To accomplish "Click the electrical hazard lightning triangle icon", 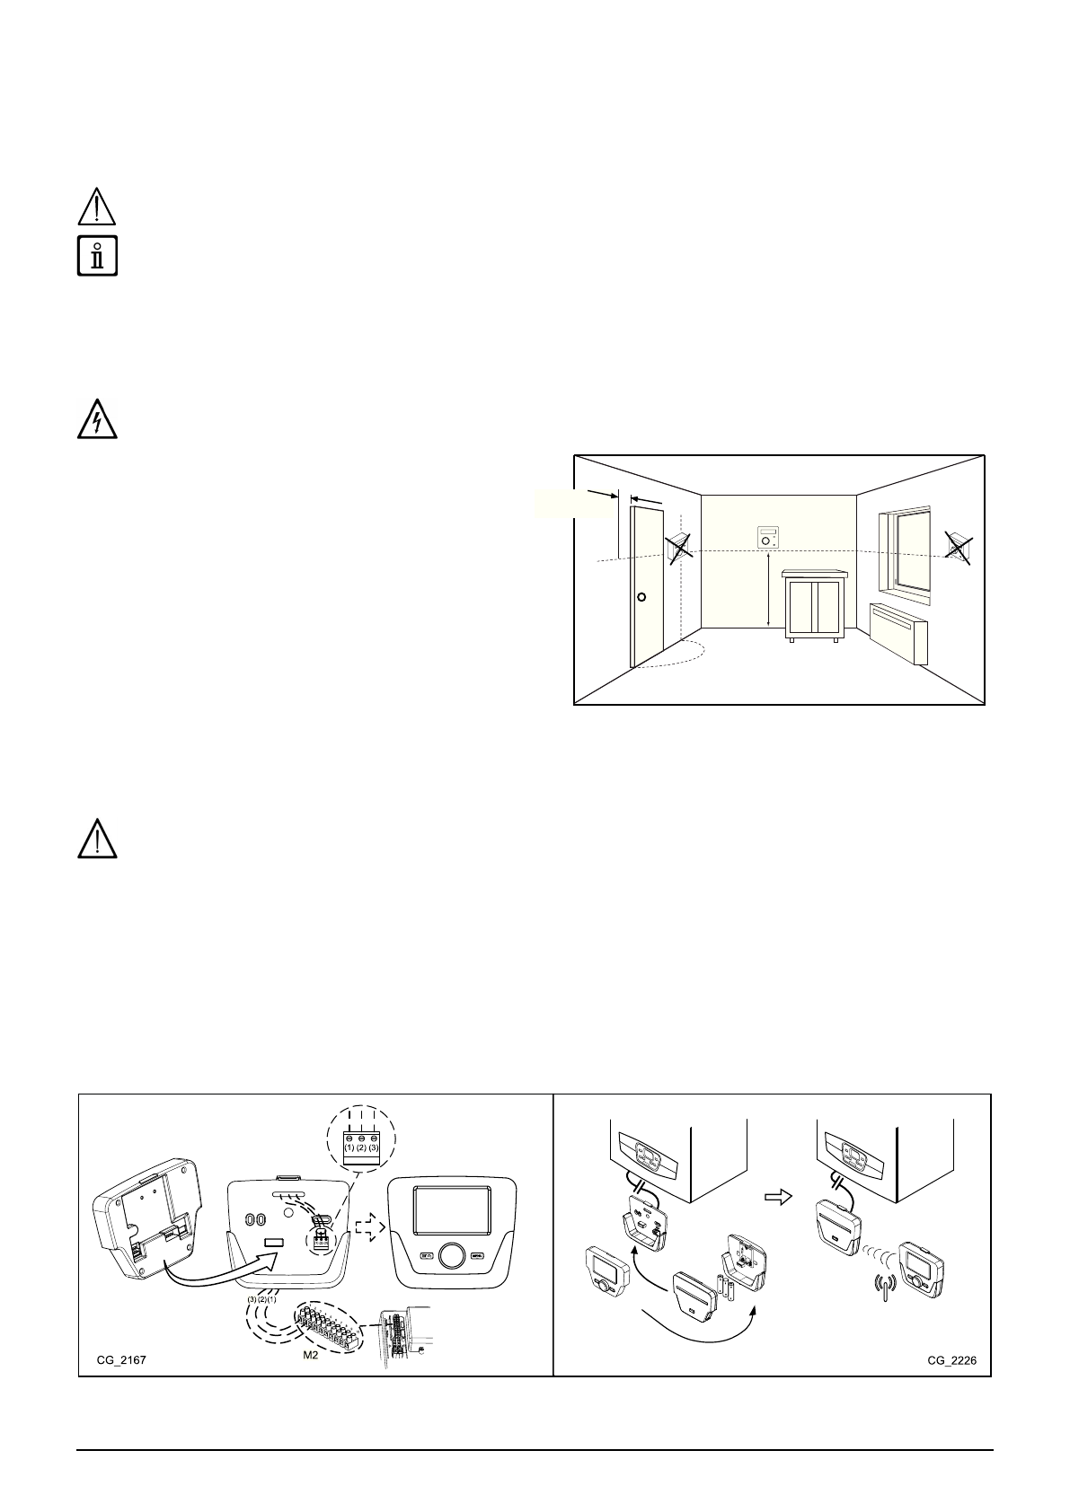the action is point(97,418).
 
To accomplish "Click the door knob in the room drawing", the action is point(641,597).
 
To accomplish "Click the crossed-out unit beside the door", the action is point(678,547).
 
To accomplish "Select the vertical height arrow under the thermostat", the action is point(769,591).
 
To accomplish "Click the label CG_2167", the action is point(121,1360).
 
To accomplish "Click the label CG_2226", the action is point(951,1360).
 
